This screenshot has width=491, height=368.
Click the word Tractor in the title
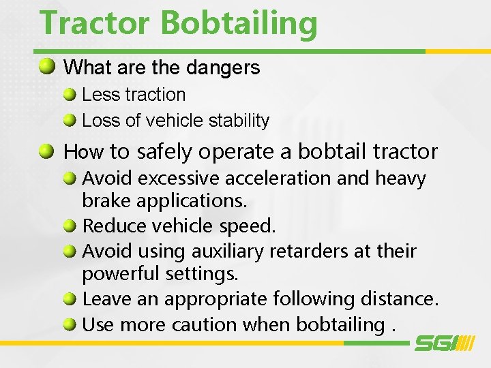(95, 23)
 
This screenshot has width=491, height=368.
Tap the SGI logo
(444, 343)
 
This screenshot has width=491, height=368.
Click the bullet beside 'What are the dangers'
(47, 67)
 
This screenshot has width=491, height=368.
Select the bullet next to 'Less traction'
(70, 95)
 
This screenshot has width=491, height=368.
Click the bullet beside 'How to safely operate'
(47, 151)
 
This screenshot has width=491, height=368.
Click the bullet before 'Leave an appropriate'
(70, 299)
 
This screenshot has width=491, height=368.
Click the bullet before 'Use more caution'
(70, 324)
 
